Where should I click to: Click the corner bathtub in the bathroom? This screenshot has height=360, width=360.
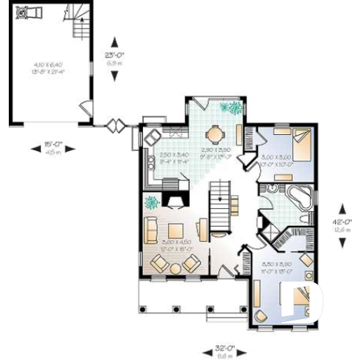coord(301,196)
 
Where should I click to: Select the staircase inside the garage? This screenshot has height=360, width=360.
coord(78,23)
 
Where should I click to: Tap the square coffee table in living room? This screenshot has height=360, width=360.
coord(177,232)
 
